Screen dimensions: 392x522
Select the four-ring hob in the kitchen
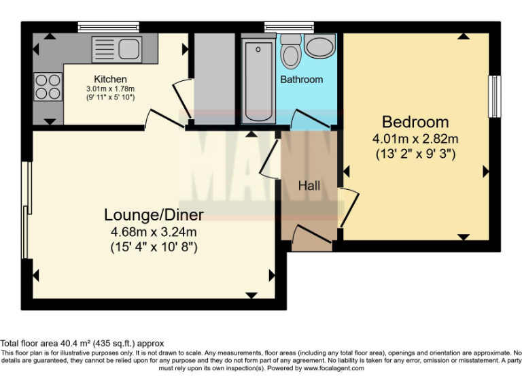46,87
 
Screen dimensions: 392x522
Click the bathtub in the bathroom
258,80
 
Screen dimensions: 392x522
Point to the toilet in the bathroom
291,50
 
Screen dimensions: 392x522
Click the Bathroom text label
302,80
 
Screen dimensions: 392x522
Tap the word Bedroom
415,122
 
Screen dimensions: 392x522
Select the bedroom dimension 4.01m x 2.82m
415,139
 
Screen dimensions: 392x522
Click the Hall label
309,185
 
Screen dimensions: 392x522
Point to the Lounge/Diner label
154,215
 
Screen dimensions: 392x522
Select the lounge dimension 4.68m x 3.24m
154,232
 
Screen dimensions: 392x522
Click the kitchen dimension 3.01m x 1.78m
110,89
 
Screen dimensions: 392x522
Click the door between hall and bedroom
349,208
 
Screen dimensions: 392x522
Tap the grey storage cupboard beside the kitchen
213,78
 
